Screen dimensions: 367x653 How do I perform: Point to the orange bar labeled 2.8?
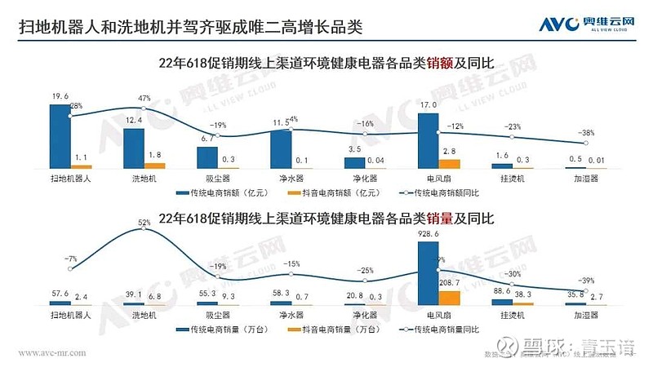point(449,163)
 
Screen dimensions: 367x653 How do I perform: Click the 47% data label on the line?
point(147,99)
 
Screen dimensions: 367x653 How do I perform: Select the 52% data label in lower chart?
point(144,222)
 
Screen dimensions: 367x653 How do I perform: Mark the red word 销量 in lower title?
point(444,219)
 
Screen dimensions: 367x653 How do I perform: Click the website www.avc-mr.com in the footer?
point(51,353)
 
